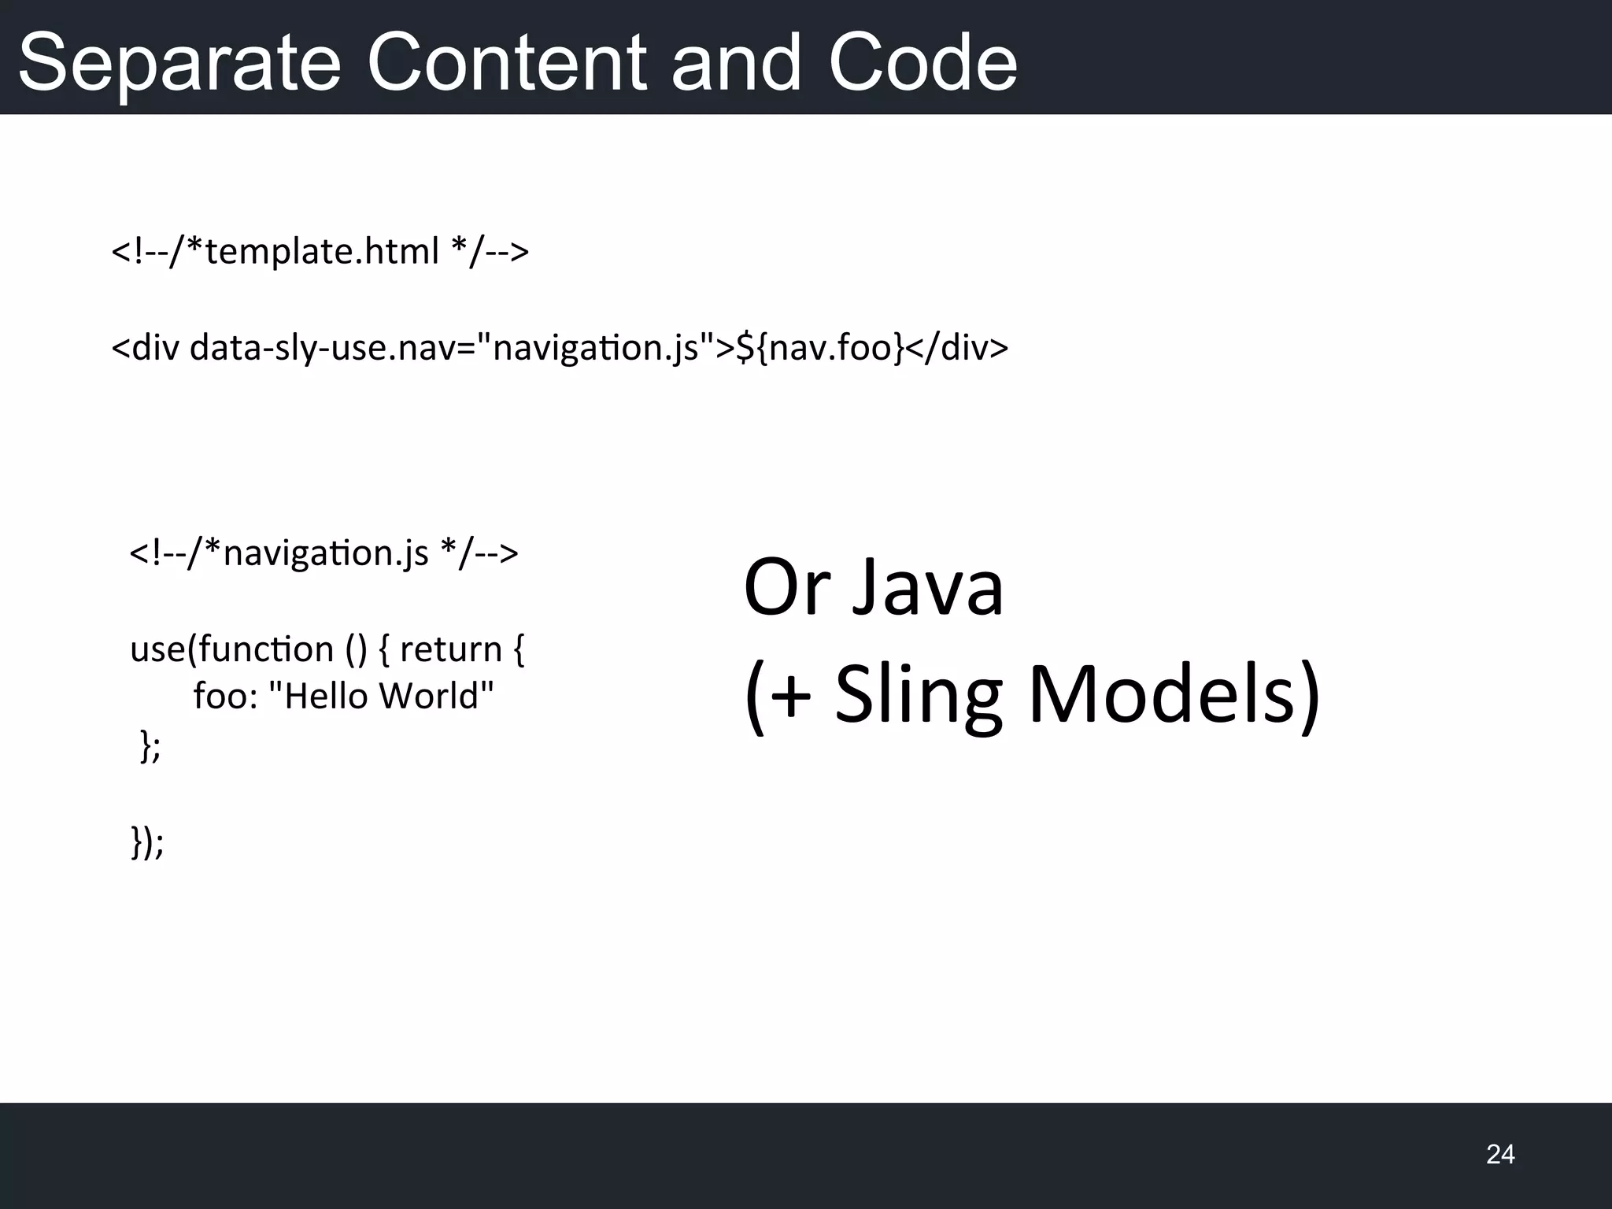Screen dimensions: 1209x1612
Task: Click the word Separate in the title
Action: (x=179, y=63)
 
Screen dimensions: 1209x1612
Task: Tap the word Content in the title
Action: (x=507, y=63)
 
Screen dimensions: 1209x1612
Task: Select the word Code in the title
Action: (x=922, y=63)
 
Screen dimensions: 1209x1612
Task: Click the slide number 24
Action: (x=1499, y=1154)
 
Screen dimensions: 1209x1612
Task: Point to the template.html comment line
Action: (x=320, y=252)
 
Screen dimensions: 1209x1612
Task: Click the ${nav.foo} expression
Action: (x=819, y=347)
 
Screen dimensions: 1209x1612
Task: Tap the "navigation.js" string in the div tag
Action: (x=595, y=347)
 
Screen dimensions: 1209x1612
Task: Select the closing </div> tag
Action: (x=957, y=347)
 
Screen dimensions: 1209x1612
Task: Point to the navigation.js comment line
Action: (x=324, y=553)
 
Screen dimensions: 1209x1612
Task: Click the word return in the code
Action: (x=450, y=649)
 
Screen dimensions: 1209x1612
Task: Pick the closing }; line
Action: (x=150, y=745)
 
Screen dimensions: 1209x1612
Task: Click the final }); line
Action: (x=147, y=842)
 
